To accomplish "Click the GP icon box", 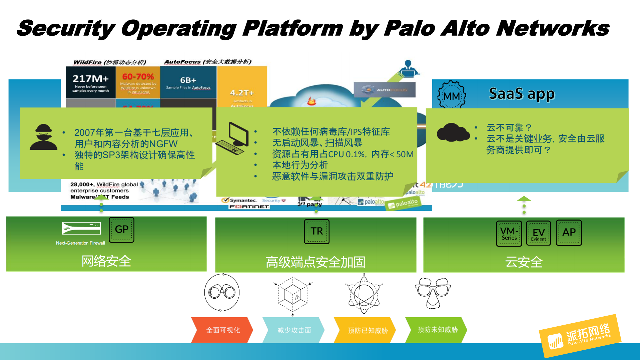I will click(121, 230).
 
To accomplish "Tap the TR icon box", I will click(316, 231).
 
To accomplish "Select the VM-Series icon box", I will click(509, 233).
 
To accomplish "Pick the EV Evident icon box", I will click(538, 233).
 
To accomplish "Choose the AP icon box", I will click(569, 233).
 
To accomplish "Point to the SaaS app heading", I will click(522, 94).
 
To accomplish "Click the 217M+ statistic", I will click(90, 79).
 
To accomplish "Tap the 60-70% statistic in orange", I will click(138, 77).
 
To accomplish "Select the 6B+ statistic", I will click(188, 80).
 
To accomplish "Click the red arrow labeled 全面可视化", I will click(222, 330).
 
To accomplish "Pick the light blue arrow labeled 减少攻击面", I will click(293, 330).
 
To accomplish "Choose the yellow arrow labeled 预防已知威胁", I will click(365, 330).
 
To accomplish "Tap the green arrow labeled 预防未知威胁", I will click(437, 330).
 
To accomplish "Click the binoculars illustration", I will click(222, 292).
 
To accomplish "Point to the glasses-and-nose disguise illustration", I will click(433, 292).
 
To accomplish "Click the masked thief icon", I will click(43, 137).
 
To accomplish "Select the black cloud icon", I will click(453, 133).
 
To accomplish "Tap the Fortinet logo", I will click(249, 207).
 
